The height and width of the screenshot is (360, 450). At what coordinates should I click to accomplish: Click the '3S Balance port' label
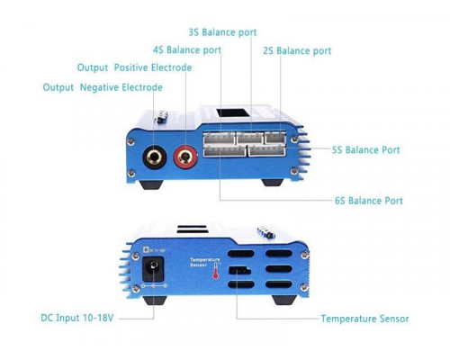[x=222, y=32]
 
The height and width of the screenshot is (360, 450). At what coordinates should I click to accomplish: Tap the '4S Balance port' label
[x=187, y=49]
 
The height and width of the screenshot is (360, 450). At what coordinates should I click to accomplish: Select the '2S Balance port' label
[x=297, y=50]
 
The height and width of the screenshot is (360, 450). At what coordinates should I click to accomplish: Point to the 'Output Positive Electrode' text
[x=134, y=67]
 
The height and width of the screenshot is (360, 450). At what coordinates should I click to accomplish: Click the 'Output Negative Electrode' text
[x=103, y=87]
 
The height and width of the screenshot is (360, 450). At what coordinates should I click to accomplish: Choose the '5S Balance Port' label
[x=366, y=149]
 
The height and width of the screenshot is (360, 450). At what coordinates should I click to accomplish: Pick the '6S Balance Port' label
[x=369, y=201]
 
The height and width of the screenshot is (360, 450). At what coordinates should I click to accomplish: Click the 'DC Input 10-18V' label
[x=77, y=318]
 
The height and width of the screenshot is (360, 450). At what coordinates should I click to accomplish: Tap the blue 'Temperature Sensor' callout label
[x=364, y=319]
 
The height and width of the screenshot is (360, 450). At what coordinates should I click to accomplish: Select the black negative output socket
[x=155, y=157]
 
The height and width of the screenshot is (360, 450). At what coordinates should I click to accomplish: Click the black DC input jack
[x=153, y=269]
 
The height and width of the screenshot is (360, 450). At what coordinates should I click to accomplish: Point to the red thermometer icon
[x=216, y=270]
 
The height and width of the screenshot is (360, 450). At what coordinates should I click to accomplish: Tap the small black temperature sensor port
[x=239, y=270]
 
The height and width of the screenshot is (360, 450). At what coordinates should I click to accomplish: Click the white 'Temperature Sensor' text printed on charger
[x=205, y=262]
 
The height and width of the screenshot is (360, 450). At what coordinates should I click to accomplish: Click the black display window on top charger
[x=233, y=113]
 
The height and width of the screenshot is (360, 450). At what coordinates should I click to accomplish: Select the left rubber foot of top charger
[x=152, y=184]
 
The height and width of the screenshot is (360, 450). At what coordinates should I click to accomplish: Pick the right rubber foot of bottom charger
[x=284, y=300]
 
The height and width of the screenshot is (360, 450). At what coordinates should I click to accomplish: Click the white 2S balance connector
[x=275, y=138]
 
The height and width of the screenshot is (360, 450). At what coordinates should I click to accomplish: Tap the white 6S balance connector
[x=225, y=151]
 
